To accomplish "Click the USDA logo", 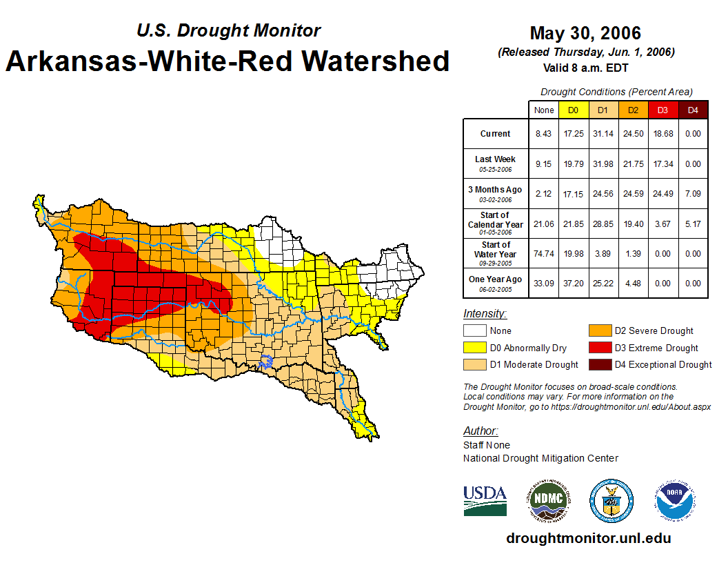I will pyautogui.click(x=485, y=500).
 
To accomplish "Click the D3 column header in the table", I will pyautogui.click(x=662, y=110).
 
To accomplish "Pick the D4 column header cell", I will pyautogui.click(x=693, y=110).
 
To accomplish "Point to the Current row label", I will pyautogui.click(x=496, y=134).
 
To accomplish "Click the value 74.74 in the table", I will pyautogui.click(x=544, y=253).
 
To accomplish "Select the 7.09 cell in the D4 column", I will pyautogui.click(x=693, y=194).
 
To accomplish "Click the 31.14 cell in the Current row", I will pyautogui.click(x=603, y=134).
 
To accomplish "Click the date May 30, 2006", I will pyautogui.click(x=585, y=33).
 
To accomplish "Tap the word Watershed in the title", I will pyautogui.click(x=369, y=61).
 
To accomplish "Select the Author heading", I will pyautogui.click(x=481, y=431).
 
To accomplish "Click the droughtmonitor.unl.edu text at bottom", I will pyautogui.click(x=588, y=538).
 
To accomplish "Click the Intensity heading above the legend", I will pyautogui.click(x=485, y=314).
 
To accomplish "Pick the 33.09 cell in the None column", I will pyautogui.click(x=544, y=283).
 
